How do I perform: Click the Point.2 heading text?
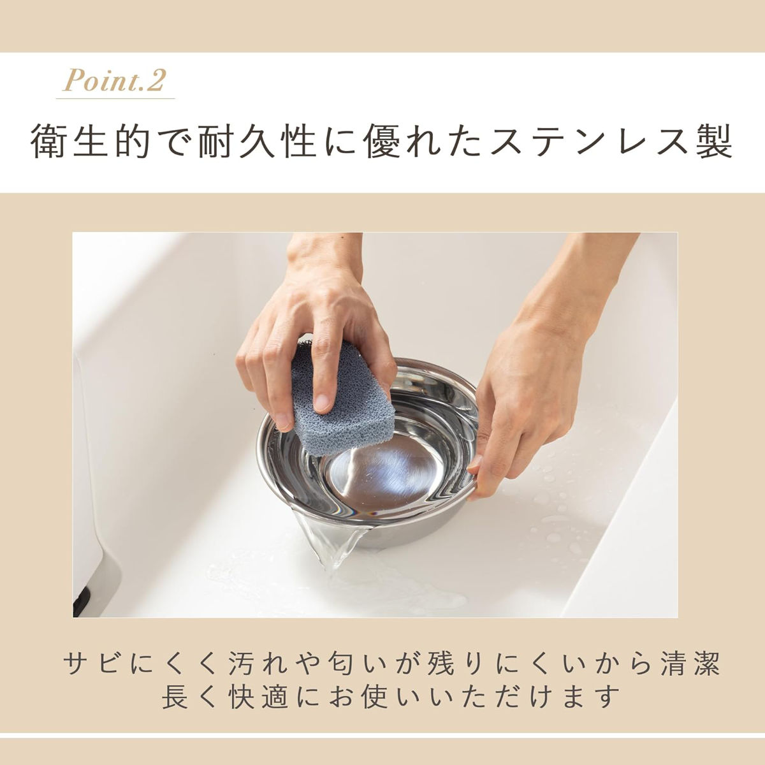pos(115,80)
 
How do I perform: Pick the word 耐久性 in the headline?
pos(258,142)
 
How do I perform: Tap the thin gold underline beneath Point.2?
pos(115,98)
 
